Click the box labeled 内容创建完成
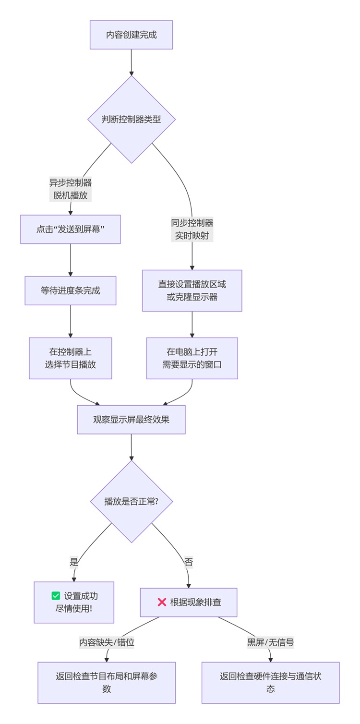[x=131, y=35]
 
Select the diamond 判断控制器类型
[x=131, y=120]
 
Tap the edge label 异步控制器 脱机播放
[x=71, y=189]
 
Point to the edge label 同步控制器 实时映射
[x=192, y=229]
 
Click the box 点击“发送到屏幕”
[x=71, y=229]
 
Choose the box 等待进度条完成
[x=71, y=290]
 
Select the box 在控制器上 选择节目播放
[x=71, y=358]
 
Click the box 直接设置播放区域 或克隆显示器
[x=192, y=290]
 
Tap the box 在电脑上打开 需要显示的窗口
[x=192, y=358]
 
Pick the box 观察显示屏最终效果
[x=131, y=420]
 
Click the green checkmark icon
[x=56, y=596]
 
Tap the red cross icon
[x=162, y=602]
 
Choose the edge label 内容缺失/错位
[x=107, y=642]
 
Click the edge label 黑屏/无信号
[x=270, y=642]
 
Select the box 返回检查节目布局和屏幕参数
[x=107, y=682]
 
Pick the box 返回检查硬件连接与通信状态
[x=270, y=682]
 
